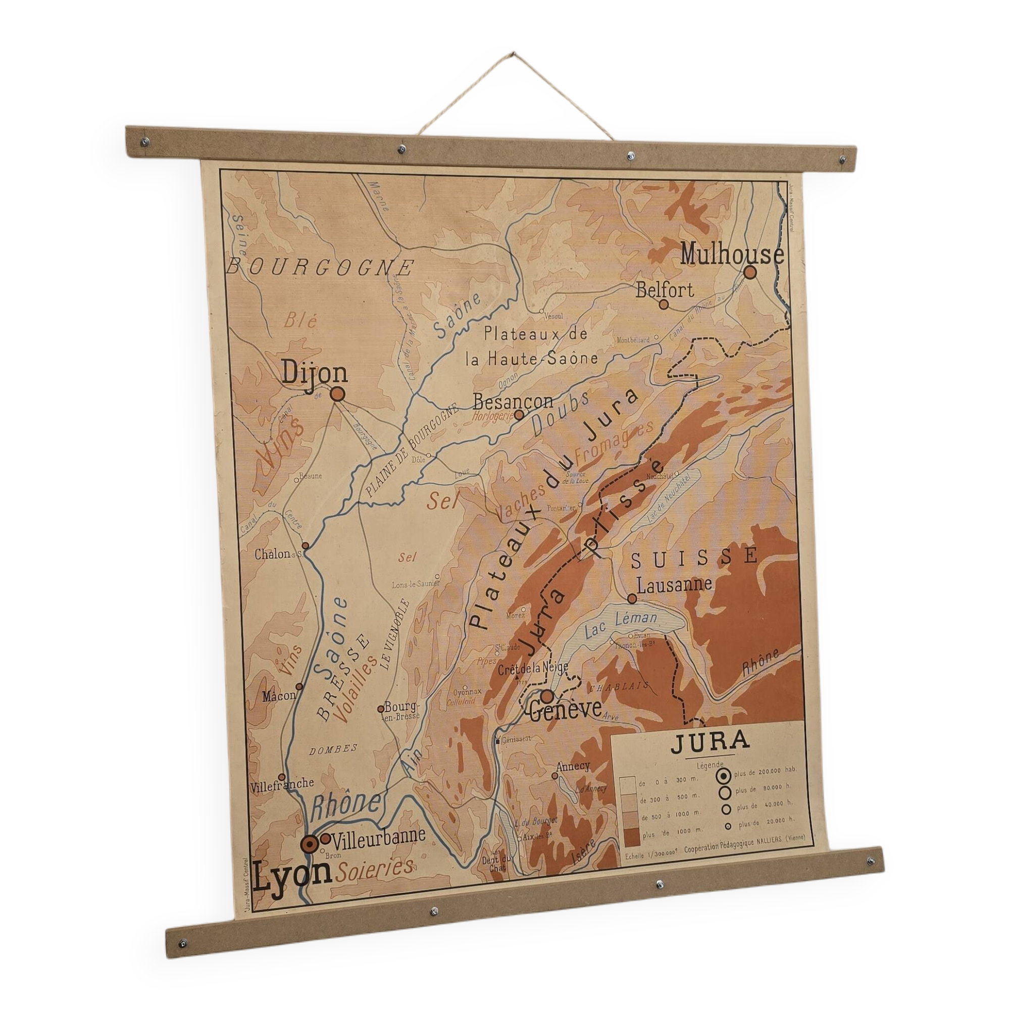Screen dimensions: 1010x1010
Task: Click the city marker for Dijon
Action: [338, 394]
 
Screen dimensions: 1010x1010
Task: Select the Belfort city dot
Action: [664, 304]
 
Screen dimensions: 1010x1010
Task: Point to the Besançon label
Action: [513, 401]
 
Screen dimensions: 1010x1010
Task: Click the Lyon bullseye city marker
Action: [310, 843]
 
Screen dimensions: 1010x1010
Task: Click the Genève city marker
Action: [547, 696]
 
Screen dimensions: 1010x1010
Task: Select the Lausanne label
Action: [674, 584]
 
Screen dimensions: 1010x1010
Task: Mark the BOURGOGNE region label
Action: [320, 267]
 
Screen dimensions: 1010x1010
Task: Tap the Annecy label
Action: [573, 767]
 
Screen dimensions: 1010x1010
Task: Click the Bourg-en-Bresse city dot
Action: [381, 710]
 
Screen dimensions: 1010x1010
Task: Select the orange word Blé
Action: [300, 320]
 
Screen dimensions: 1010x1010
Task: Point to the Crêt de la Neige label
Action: [533, 669]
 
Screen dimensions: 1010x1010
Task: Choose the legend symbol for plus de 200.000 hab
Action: [725, 776]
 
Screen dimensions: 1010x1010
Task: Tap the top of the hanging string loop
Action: [514, 54]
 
